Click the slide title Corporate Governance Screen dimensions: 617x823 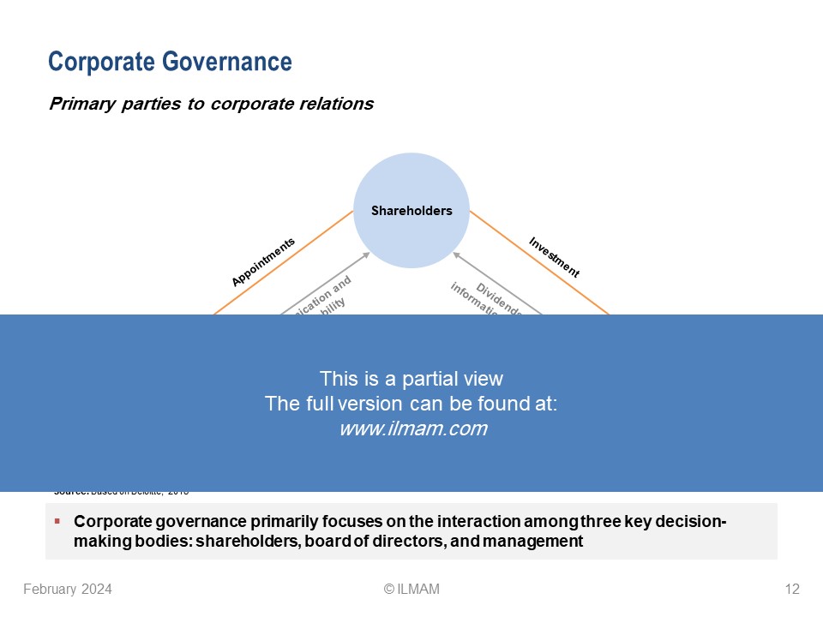point(170,62)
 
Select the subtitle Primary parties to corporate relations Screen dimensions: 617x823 point(211,104)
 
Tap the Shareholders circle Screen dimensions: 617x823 point(411,210)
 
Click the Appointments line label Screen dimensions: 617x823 point(263,261)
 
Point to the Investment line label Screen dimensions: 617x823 point(554,257)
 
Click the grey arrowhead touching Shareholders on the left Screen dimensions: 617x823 point(367,255)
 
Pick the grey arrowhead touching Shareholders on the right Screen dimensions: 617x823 point(456,255)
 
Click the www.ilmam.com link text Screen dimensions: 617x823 point(413,429)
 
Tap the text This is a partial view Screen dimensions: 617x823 point(411,378)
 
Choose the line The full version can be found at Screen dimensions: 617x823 point(411,404)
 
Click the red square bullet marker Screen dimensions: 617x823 point(57,521)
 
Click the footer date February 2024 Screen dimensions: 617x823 point(67,589)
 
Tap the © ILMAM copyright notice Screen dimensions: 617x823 point(411,589)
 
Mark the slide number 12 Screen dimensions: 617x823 point(791,589)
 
